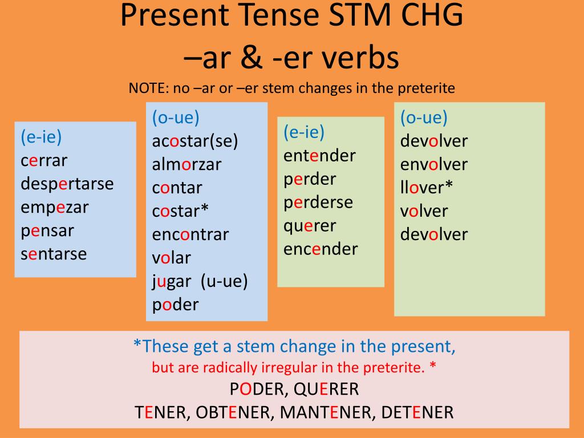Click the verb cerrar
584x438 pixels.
(44, 161)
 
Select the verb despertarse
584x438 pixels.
(67, 184)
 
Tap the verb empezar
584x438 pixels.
(55, 208)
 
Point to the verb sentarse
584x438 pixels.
(54, 254)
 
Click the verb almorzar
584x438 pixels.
(186, 165)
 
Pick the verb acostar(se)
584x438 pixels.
(195, 141)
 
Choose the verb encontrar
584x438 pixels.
(190, 234)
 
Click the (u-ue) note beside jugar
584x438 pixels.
(224, 281)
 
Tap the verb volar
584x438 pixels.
(171, 258)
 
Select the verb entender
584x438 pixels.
(319, 156)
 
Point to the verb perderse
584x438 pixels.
(318, 203)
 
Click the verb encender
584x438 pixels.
(321, 249)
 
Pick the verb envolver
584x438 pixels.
(434, 165)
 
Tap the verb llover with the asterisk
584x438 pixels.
(427, 187)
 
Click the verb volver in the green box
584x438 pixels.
(424, 211)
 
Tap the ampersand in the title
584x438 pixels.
(252, 58)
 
